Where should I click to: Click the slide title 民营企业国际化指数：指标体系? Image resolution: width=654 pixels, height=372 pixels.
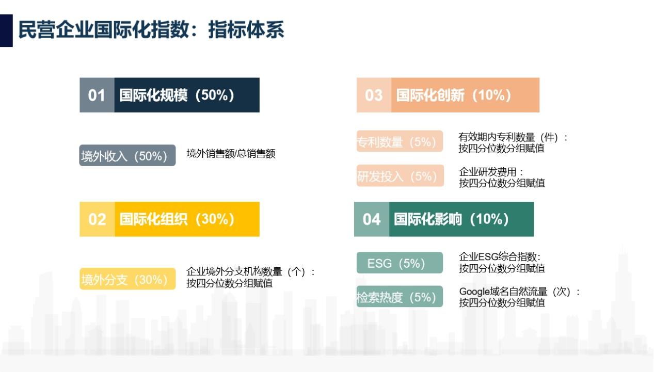click(x=151, y=30)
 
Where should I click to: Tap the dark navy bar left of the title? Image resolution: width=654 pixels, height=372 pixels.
click(x=6, y=30)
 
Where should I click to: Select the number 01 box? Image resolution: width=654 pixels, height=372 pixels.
click(x=97, y=95)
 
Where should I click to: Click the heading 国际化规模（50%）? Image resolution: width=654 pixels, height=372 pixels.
click(x=177, y=95)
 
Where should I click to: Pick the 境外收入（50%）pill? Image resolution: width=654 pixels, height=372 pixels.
click(x=127, y=155)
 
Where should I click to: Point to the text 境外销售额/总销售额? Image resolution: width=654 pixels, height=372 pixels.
click(x=231, y=153)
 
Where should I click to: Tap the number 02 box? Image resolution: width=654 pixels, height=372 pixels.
click(x=97, y=219)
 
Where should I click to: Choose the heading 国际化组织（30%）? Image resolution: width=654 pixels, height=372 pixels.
click(x=177, y=219)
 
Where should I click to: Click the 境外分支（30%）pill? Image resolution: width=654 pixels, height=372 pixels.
click(x=127, y=279)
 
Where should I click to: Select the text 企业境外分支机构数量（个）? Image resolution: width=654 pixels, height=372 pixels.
click(x=246, y=272)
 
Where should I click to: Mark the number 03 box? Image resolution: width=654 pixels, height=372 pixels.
click(x=374, y=95)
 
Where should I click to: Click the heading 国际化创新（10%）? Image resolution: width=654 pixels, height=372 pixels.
click(x=454, y=95)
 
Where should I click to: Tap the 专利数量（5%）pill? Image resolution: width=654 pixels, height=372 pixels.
click(x=400, y=141)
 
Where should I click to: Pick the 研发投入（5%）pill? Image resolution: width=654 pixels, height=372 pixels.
click(x=400, y=175)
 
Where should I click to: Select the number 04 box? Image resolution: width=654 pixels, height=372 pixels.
click(x=372, y=219)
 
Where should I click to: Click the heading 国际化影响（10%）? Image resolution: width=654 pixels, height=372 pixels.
click(x=451, y=219)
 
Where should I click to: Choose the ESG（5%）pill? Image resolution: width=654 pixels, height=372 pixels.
click(x=400, y=263)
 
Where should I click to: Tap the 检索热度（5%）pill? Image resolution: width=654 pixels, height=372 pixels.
click(x=400, y=297)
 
